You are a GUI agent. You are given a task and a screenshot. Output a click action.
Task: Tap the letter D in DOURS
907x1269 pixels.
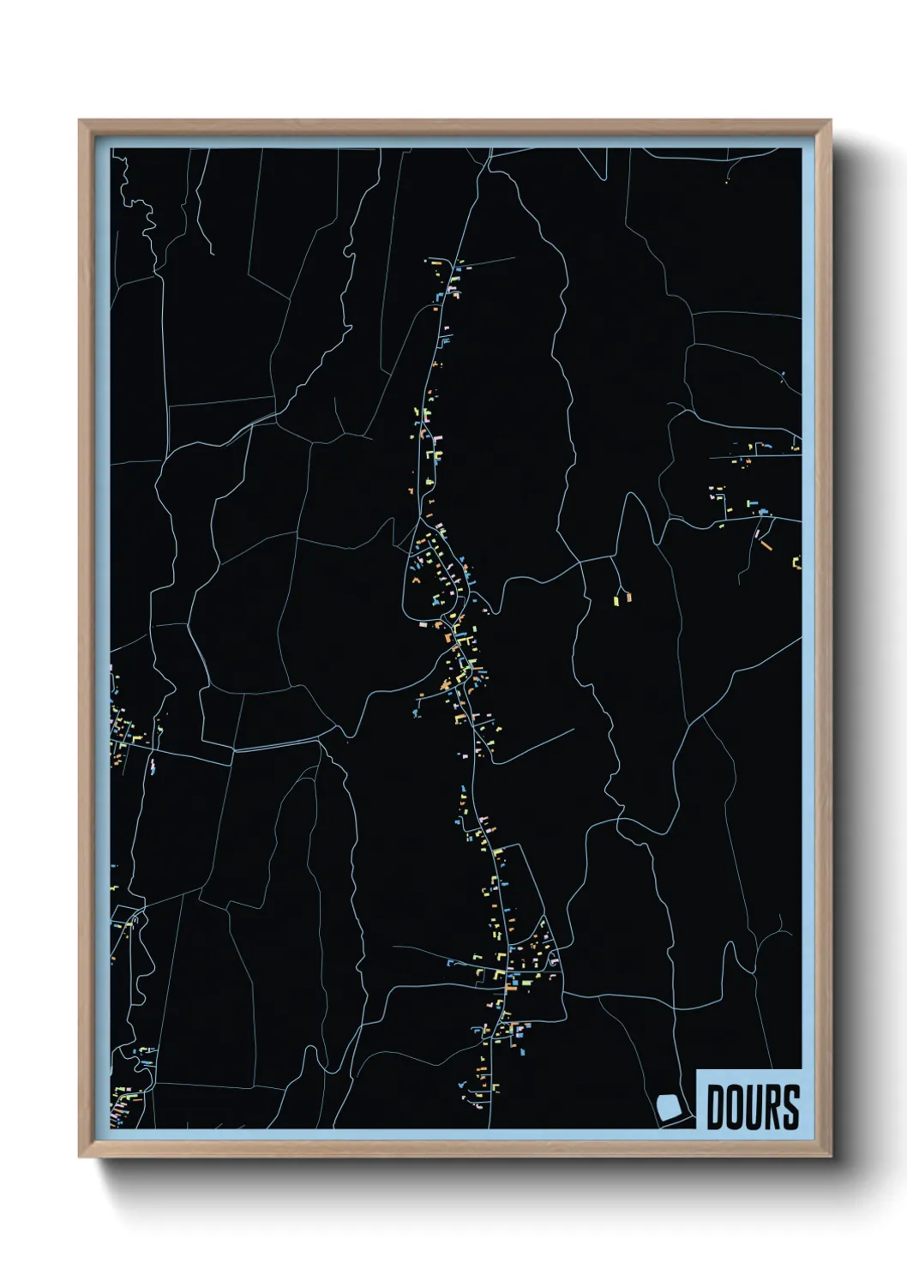coord(717,1107)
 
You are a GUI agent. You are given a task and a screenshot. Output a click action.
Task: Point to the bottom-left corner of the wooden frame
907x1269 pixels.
coord(81,1157)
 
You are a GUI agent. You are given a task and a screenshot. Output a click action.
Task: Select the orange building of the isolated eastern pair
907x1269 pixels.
coord(627,597)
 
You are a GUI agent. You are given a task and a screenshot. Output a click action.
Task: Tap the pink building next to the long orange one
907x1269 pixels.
coord(757,533)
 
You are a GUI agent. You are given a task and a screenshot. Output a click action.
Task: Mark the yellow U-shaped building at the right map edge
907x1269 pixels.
coord(796,562)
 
